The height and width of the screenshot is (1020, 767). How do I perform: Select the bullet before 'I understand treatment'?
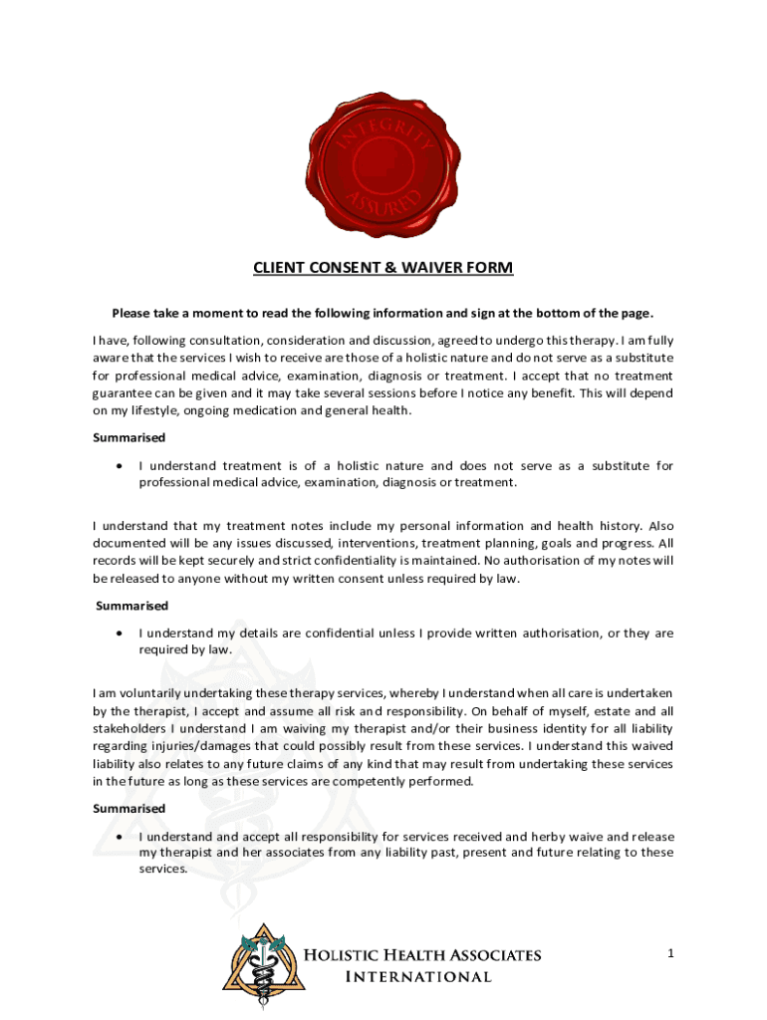coord(121,466)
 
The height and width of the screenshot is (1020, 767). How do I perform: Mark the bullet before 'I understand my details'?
coord(121,634)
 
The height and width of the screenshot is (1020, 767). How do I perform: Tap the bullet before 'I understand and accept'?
coord(121,837)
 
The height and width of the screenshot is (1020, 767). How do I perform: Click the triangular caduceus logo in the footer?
coord(260,963)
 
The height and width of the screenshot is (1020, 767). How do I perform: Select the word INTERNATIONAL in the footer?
coord(417,977)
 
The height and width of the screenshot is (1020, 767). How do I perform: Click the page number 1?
coord(671,954)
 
